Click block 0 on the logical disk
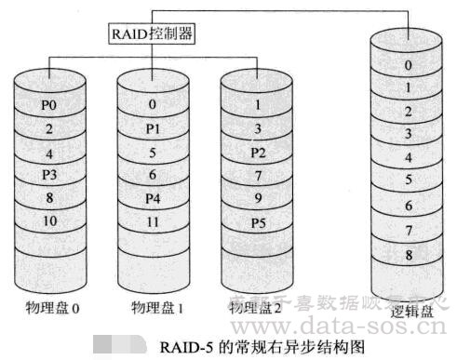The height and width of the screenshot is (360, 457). coord(407,66)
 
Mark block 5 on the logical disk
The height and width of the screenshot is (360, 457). coord(407,180)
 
